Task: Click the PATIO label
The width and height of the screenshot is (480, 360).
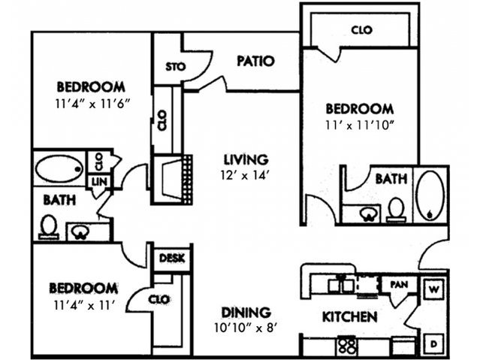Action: [255, 61]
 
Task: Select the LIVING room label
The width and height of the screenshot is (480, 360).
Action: [246, 159]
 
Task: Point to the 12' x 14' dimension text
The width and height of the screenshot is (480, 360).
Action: [246, 174]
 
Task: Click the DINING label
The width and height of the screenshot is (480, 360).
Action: [246, 312]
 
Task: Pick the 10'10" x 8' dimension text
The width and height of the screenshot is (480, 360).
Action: [246, 328]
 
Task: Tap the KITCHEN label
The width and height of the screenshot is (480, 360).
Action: [349, 317]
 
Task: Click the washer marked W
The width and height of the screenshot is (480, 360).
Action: [433, 288]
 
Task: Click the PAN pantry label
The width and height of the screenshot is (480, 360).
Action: [398, 285]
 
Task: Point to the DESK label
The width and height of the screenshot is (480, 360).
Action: [173, 259]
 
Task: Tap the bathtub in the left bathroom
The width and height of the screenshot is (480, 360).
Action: [59, 169]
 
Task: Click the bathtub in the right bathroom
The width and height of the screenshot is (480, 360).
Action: [430, 195]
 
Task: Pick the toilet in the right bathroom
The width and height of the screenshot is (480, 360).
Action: [395, 207]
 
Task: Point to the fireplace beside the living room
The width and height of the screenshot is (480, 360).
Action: [174, 179]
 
